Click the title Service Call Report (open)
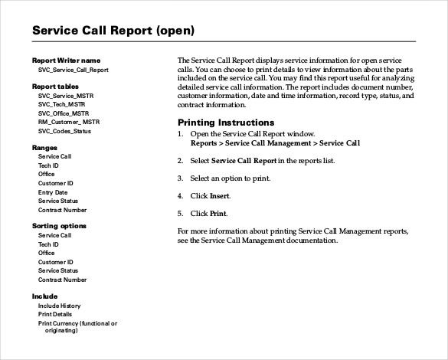pyautogui.click(x=113, y=31)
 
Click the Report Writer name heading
pyautogui.click(x=66, y=60)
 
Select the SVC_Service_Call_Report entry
pyautogui.click(x=73, y=70)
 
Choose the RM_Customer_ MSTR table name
pyautogui.click(x=69, y=122)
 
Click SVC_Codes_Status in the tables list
pyautogui.click(x=70, y=131)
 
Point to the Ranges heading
pyautogui.click(x=44, y=147)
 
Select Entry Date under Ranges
pyautogui.click(x=54, y=192)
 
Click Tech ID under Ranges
pyautogui.click(x=49, y=165)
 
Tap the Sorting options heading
pyautogui.click(x=59, y=226)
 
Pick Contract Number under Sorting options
pyautogui.click(x=62, y=280)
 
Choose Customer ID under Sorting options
pyautogui.click(x=56, y=262)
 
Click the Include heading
pyautogui.click(x=44, y=296)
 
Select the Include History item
pyautogui.click(x=59, y=306)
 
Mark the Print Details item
pyautogui.click(x=55, y=315)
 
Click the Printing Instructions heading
pyautogui.click(x=226, y=123)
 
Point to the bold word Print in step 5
pyautogui.click(x=219, y=213)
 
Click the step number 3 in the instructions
pyautogui.click(x=180, y=178)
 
